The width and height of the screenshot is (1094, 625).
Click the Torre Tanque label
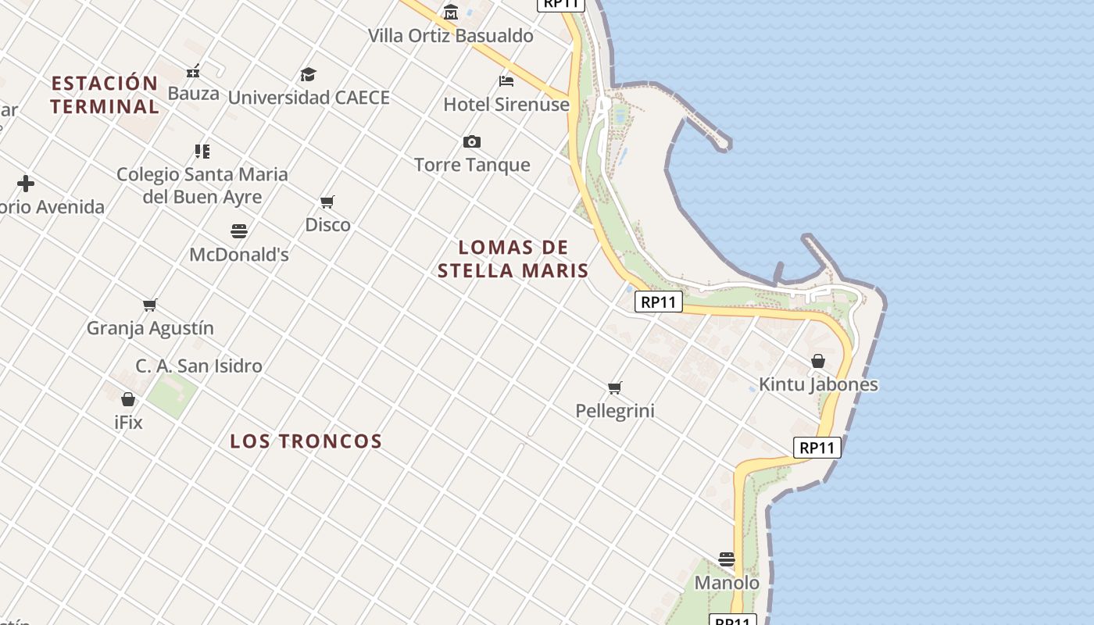pos(472,165)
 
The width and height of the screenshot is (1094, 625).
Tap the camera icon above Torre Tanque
pos(471,141)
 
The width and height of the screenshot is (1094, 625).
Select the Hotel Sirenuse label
pos(506,104)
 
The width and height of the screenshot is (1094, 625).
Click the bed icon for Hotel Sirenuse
pos(506,80)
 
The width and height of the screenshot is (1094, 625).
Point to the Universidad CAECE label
pos(309,98)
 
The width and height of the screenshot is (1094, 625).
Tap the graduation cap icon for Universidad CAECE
pos(309,75)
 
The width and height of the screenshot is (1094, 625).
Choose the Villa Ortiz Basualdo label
pos(451,36)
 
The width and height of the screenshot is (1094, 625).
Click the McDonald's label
pos(239,255)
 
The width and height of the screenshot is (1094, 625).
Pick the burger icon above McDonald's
pos(239,231)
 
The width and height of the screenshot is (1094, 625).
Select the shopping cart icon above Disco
pos(327,202)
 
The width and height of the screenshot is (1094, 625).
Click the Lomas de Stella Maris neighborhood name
pos(513,259)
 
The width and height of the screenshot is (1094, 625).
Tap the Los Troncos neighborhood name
pos(306,441)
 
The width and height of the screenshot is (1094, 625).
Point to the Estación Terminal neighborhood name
pos(105,95)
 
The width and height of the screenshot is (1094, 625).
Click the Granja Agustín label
pos(150,328)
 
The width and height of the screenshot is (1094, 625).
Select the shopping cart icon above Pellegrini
pos(615,387)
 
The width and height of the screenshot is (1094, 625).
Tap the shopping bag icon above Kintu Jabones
pos(818,361)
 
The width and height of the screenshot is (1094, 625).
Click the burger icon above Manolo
pos(727,559)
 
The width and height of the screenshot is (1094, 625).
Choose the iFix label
pos(128,423)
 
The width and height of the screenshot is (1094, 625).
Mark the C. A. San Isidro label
pos(198,366)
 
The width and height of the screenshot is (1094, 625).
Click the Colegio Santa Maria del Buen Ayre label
pos(202,185)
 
